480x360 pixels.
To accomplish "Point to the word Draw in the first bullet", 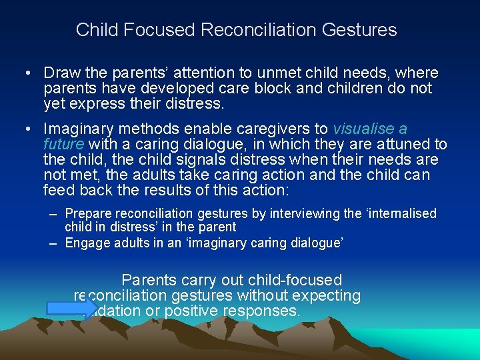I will (61, 73).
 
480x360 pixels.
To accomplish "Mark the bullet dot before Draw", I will (31, 73).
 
